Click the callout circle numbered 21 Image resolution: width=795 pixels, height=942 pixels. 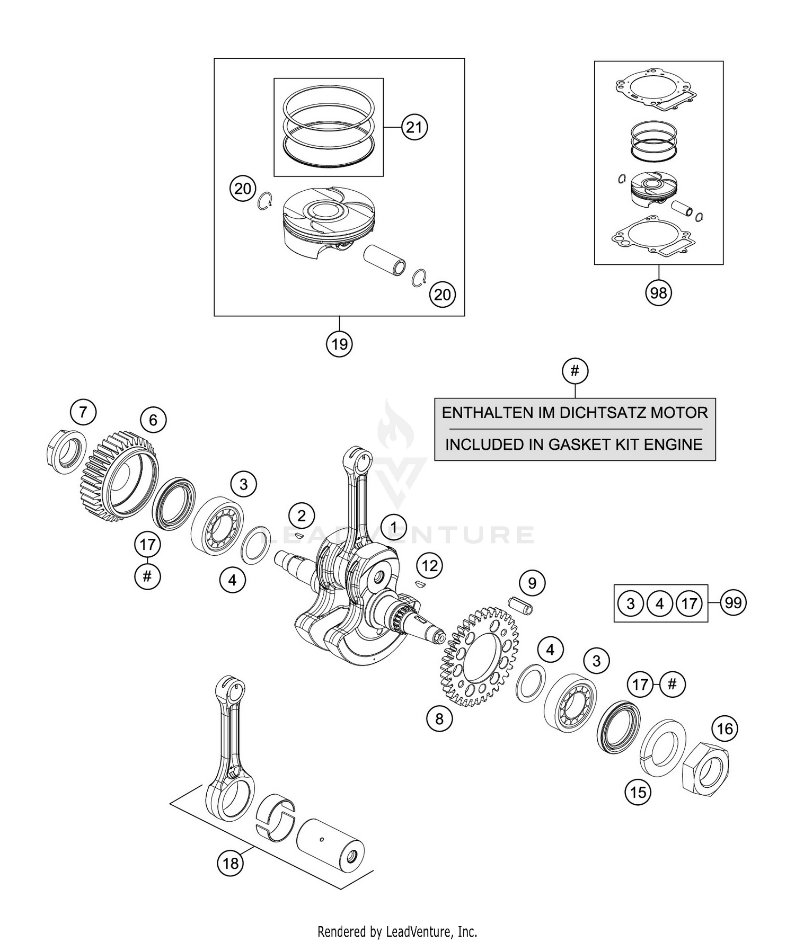tap(414, 127)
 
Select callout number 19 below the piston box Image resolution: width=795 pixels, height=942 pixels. tap(339, 344)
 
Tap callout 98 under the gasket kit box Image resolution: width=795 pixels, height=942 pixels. tap(658, 292)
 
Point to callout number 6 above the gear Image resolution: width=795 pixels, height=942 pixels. tap(153, 420)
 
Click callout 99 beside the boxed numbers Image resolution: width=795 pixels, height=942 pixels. tap(733, 603)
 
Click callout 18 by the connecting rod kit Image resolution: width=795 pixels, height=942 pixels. tap(230, 864)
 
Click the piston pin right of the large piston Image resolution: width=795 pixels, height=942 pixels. tap(385, 256)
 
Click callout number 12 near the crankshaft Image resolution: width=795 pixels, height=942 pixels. tap(429, 565)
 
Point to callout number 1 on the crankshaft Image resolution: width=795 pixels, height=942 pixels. tap(393, 527)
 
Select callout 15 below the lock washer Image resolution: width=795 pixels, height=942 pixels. tap(638, 792)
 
